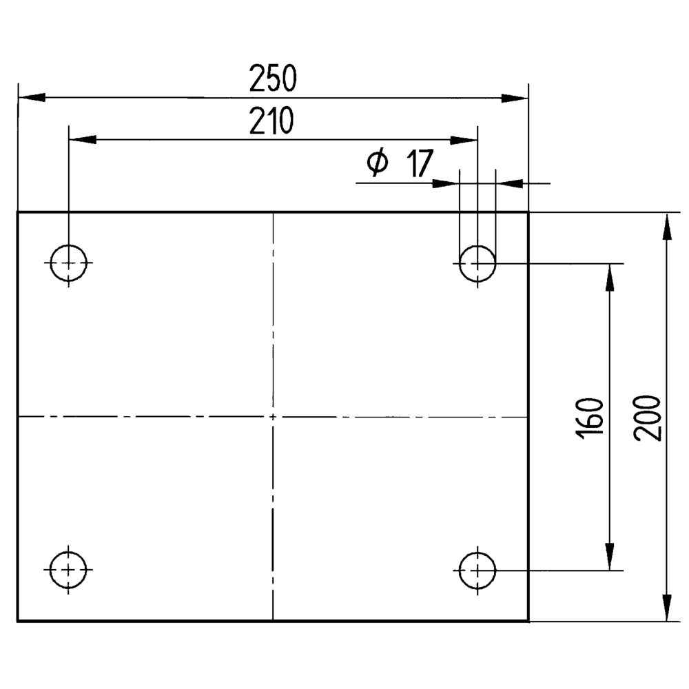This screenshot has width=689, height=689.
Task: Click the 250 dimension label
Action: pos(273,79)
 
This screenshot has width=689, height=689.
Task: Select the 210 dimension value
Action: pos(271,121)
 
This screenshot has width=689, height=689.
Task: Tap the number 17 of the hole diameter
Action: pos(420,163)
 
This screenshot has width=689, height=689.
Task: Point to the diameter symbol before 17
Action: pos(378,163)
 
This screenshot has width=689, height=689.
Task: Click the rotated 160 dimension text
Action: pos(589,418)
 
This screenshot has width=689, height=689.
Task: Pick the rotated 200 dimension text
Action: pos(647,418)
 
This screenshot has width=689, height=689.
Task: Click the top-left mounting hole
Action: pos(68,263)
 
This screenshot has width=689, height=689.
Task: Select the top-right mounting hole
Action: pos(477,264)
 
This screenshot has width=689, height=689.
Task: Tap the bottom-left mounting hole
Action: pos(68,570)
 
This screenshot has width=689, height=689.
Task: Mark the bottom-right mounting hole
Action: pos(477,570)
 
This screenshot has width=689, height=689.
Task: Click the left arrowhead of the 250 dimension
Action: pos(32,98)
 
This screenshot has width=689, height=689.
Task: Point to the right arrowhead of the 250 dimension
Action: pos(515,98)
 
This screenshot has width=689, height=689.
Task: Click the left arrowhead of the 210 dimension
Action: pos(83,140)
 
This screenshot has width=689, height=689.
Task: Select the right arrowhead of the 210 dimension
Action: pos(464,140)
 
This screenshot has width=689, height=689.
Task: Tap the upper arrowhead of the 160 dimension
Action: pos(610,278)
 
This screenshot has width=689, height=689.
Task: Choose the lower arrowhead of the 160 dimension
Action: pos(610,557)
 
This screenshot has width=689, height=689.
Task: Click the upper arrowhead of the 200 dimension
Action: pos(667,226)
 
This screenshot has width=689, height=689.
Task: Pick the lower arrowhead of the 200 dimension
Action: pos(667,608)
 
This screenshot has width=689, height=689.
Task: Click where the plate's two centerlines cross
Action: pos(273,417)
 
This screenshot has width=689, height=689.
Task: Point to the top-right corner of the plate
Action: pos(528,212)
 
